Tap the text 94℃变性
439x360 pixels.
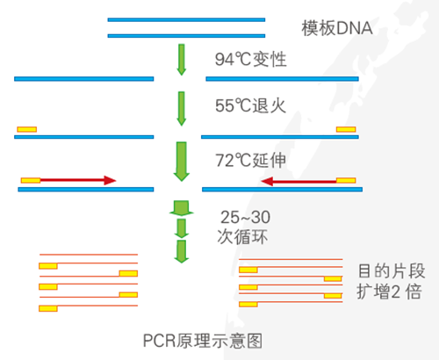tap(251, 61)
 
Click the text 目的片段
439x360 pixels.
tap(388, 270)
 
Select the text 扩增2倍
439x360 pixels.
tap(388, 292)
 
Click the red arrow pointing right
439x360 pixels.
tap(79, 180)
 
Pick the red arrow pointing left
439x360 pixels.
tap(299, 182)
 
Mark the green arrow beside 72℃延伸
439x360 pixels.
tap(182, 161)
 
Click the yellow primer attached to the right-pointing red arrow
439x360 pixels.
tap(30, 180)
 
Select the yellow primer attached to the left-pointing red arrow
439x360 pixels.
tap(347, 182)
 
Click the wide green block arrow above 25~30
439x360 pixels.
tap(182, 209)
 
